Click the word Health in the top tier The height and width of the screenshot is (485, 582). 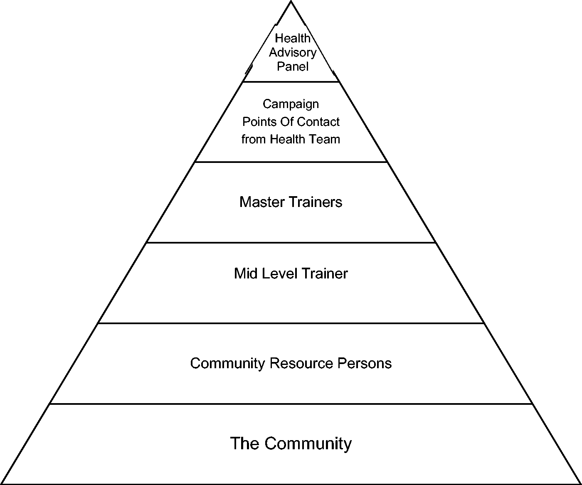(x=293, y=38)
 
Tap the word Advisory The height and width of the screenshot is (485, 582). (x=293, y=53)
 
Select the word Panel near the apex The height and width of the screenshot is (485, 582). (x=293, y=66)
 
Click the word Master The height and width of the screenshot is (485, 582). (x=262, y=202)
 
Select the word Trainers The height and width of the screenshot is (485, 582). (x=316, y=202)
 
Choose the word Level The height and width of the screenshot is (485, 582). (x=280, y=273)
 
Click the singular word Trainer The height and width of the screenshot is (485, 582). (x=325, y=273)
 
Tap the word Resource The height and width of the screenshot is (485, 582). (x=301, y=363)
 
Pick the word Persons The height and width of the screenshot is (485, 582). (x=364, y=363)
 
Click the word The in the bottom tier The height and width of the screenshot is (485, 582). (x=245, y=443)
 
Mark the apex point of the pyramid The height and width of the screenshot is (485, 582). (x=291, y=1)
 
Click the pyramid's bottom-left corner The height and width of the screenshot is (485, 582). (x=1, y=484)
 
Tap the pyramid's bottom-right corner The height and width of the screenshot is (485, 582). (x=581, y=484)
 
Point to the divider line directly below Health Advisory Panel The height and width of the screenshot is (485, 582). (x=291, y=82)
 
